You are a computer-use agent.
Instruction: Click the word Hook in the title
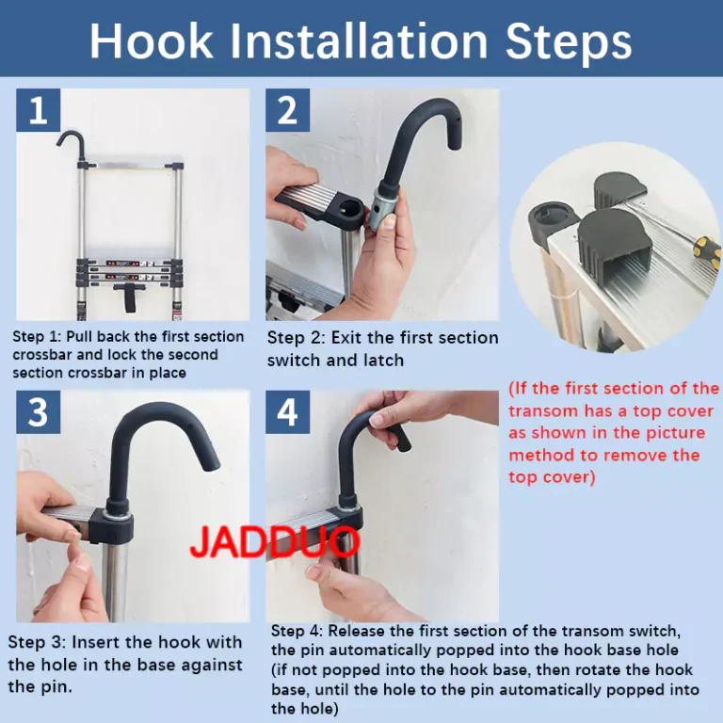pyautogui.click(x=151, y=41)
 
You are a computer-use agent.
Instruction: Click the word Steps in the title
pyautogui.click(x=569, y=42)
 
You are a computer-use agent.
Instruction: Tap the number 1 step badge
pyautogui.click(x=39, y=110)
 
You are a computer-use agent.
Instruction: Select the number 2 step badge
pyautogui.click(x=287, y=110)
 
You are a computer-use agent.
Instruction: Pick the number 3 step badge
pyautogui.click(x=39, y=411)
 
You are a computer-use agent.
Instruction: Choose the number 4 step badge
pyautogui.click(x=287, y=411)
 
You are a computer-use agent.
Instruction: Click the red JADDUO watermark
pyautogui.click(x=275, y=542)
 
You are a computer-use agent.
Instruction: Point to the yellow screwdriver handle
pyautogui.click(x=709, y=250)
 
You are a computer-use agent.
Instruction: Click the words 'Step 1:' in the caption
pyautogui.click(x=37, y=337)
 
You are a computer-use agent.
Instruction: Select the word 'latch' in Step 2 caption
pyautogui.click(x=383, y=361)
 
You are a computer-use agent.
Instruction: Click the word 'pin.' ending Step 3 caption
pyautogui.click(x=40, y=687)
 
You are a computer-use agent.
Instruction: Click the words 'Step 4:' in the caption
pyautogui.click(x=297, y=631)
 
